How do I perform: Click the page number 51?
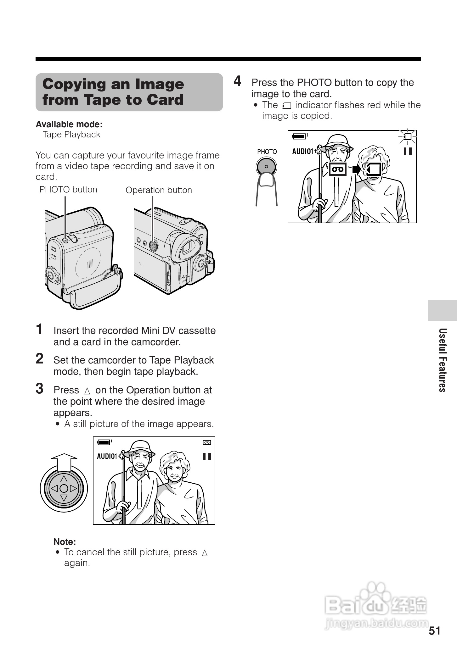pyautogui.click(x=435, y=631)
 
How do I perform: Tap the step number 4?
pyautogui.click(x=238, y=81)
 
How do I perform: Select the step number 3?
pyautogui.click(x=40, y=389)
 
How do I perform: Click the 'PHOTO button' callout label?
pyautogui.click(x=68, y=190)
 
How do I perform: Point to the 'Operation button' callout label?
pyautogui.click(x=159, y=190)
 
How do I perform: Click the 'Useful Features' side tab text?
pyautogui.click(x=443, y=360)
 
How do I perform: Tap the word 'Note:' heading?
pyautogui.click(x=65, y=542)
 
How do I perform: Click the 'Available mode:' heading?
pyautogui.click(x=69, y=125)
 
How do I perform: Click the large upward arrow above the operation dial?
pyautogui.click(x=64, y=463)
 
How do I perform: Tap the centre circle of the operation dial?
pyautogui.click(x=64, y=488)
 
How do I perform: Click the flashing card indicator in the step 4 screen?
pyautogui.click(x=408, y=137)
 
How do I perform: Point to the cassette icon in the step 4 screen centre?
pyautogui.click(x=338, y=169)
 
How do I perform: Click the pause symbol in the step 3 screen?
pyautogui.click(x=207, y=456)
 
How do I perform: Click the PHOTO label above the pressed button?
pyautogui.click(x=267, y=152)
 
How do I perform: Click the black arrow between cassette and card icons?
pyautogui.click(x=357, y=169)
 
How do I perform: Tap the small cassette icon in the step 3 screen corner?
pyautogui.click(x=207, y=442)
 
